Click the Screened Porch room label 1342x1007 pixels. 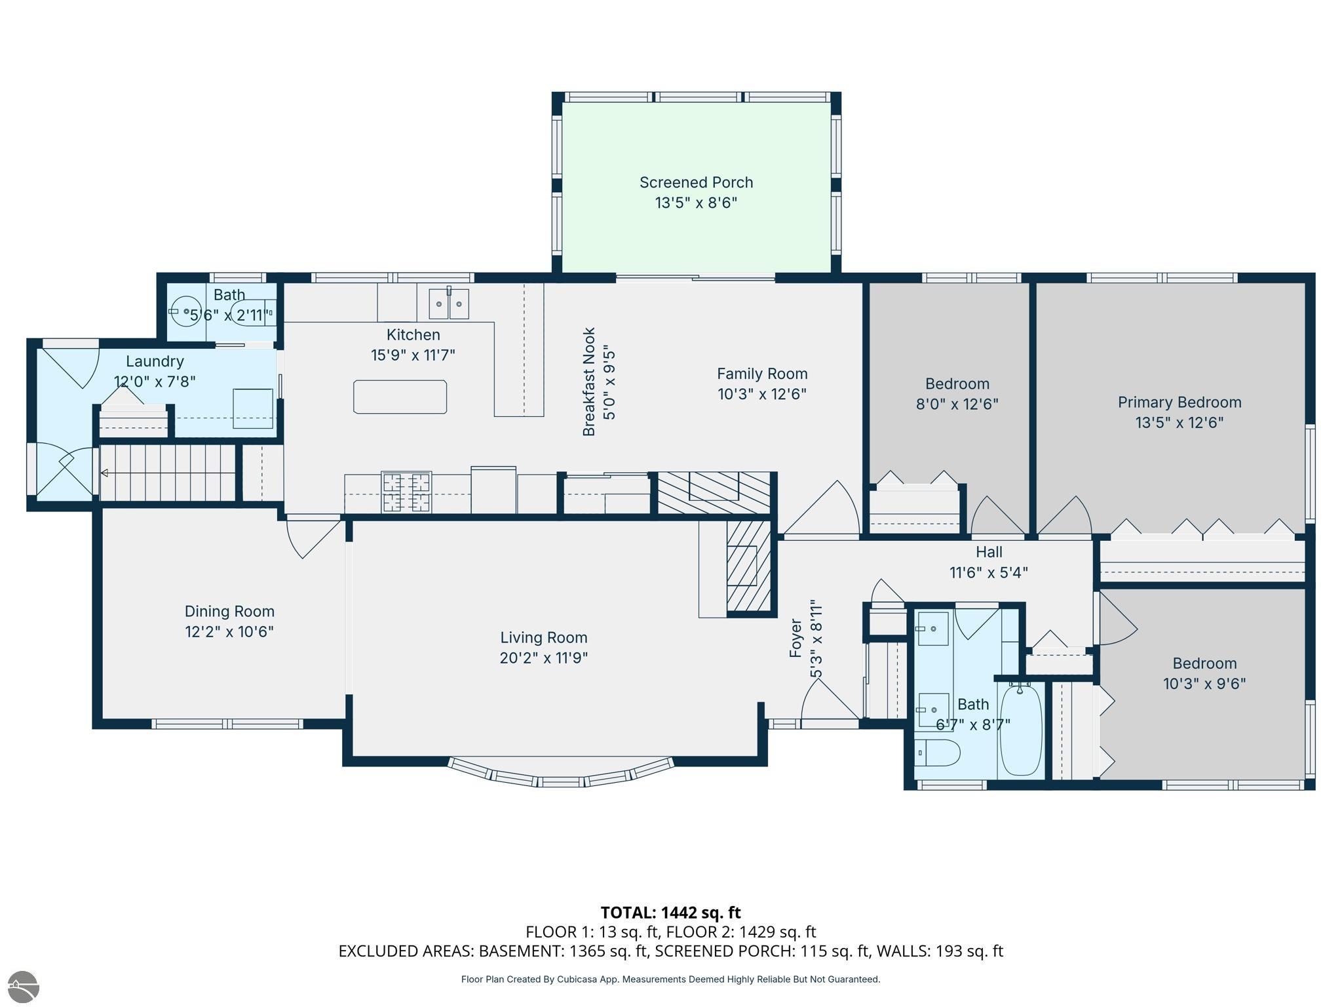click(x=696, y=182)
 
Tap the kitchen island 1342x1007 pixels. click(x=400, y=397)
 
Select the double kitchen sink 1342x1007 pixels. click(x=449, y=304)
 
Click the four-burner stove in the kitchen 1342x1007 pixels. click(x=406, y=492)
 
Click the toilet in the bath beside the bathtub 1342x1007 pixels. click(x=937, y=753)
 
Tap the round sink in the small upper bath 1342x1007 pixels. click(x=187, y=312)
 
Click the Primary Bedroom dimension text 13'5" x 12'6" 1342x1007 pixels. click(x=1179, y=422)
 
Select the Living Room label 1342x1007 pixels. click(x=544, y=637)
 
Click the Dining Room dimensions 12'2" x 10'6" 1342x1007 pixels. click(x=229, y=631)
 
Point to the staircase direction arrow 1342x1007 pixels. click(x=167, y=473)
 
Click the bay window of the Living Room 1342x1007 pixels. click(x=561, y=773)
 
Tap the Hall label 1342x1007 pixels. click(x=989, y=552)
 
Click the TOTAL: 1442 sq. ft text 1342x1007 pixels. click(x=670, y=913)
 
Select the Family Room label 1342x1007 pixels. click(x=762, y=374)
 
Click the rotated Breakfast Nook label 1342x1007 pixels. click(x=589, y=382)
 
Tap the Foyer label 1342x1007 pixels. click(x=796, y=638)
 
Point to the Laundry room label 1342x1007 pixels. click(x=155, y=361)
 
